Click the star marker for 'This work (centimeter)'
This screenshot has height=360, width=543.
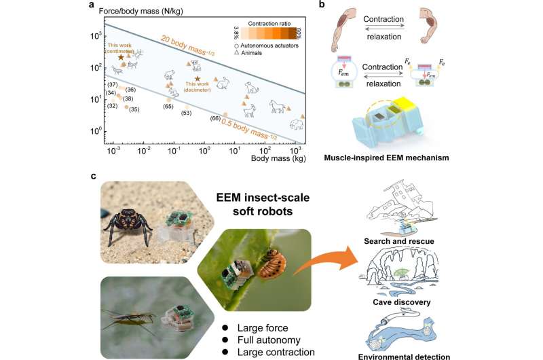tap(121, 58)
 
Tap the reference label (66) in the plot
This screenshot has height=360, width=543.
tap(214, 119)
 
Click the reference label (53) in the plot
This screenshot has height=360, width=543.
tap(186, 113)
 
